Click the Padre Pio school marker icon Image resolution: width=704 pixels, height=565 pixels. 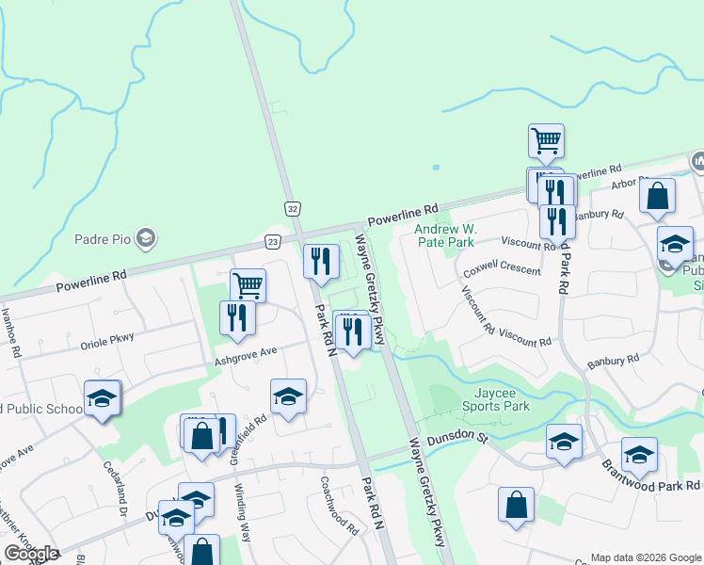pyautogui.click(x=145, y=239)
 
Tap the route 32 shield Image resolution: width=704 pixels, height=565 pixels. pyautogui.click(x=293, y=207)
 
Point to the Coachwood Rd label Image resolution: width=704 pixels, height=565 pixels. pyautogui.click(x=339, y=517)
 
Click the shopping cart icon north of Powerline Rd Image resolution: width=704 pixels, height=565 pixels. pyautogui.click(x=546, y=141)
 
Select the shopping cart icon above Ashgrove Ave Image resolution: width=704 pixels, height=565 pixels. pyautogui.click(x=248, y=284)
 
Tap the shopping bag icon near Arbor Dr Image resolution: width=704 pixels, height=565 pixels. pyautogui.click(x=657, y=196)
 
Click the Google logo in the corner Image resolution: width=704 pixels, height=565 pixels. pyautogui.click(x=32, y=554)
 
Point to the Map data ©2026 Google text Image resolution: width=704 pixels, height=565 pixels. pyautogui.click(x=646, y=557)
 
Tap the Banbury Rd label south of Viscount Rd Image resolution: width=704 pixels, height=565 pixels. pyautogui.click(x=613, y=359)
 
